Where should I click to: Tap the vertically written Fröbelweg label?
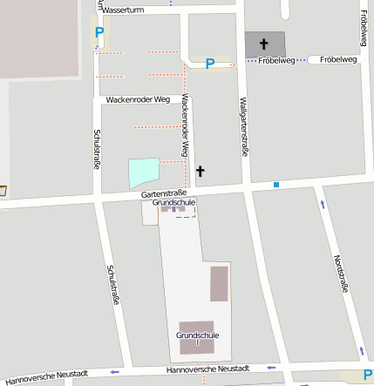363,30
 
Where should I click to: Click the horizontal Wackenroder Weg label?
137,100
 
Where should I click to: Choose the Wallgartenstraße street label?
243,127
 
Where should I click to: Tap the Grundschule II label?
173,205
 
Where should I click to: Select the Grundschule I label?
197,338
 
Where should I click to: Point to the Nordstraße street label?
341,275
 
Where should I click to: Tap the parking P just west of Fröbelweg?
209,64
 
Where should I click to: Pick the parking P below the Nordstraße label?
367,376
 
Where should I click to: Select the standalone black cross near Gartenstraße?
200,172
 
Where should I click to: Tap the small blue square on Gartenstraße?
276,185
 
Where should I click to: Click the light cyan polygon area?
144,173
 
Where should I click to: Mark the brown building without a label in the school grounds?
219,284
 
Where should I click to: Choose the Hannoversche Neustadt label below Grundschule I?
207,369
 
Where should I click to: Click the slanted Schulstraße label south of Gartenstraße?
112,284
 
